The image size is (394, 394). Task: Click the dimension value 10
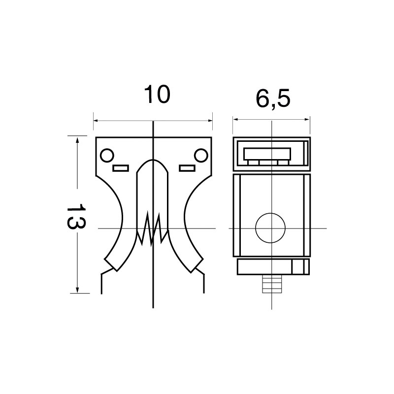(x=157, y=95)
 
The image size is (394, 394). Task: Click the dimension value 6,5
(x=273, y=98)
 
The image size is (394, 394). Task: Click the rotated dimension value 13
(x=76, y=216)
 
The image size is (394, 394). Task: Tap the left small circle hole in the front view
(x=107, y=155)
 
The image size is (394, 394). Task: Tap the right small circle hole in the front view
(x=201, y=155)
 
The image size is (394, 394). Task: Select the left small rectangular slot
(x=121, y=168)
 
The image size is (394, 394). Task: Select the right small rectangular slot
(x=187, y=168)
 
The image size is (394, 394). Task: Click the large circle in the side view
(x=270, y=228)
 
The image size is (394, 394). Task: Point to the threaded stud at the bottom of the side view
(x=272, y=284)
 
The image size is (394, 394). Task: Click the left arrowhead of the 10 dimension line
(x=96, y=121)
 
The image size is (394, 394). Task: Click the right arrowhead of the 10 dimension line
(x=210, y=121)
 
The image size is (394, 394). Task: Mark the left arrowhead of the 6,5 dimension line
(x=235, y=119)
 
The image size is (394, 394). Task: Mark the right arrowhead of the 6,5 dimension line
(x=307, y=119)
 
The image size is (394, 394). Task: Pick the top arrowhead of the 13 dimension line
(x=77, y=140)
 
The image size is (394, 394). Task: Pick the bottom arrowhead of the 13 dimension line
(x=77, y=290)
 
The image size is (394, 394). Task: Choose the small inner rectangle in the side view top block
(x=267, y=154)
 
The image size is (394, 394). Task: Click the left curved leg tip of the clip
(x=111, y=264)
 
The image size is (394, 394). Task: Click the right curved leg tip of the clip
(x=197, y=265)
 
